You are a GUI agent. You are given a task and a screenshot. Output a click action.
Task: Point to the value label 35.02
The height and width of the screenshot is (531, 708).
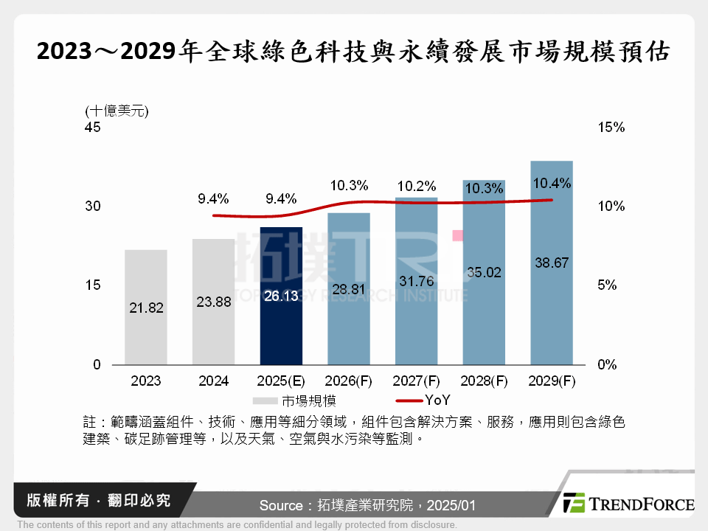coord(484,272)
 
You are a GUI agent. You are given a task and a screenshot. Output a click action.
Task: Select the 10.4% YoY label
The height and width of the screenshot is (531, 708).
coord(552,184)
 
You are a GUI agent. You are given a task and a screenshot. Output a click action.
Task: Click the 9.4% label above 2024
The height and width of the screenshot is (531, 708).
coord(213,198)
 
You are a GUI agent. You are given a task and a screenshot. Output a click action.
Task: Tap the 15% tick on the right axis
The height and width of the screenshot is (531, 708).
coord(611,128)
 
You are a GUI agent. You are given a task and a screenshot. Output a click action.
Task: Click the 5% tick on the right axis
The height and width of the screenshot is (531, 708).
coord(608,285)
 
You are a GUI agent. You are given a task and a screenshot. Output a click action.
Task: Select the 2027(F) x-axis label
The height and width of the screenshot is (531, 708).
coord(416,381)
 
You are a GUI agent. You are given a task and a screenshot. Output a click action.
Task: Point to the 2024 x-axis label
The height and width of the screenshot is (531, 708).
coord(213,381)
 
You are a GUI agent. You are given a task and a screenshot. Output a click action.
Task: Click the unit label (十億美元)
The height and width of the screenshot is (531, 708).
coord(117,111)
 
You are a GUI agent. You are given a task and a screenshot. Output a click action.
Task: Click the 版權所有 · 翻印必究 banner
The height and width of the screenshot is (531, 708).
coord(97,501)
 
